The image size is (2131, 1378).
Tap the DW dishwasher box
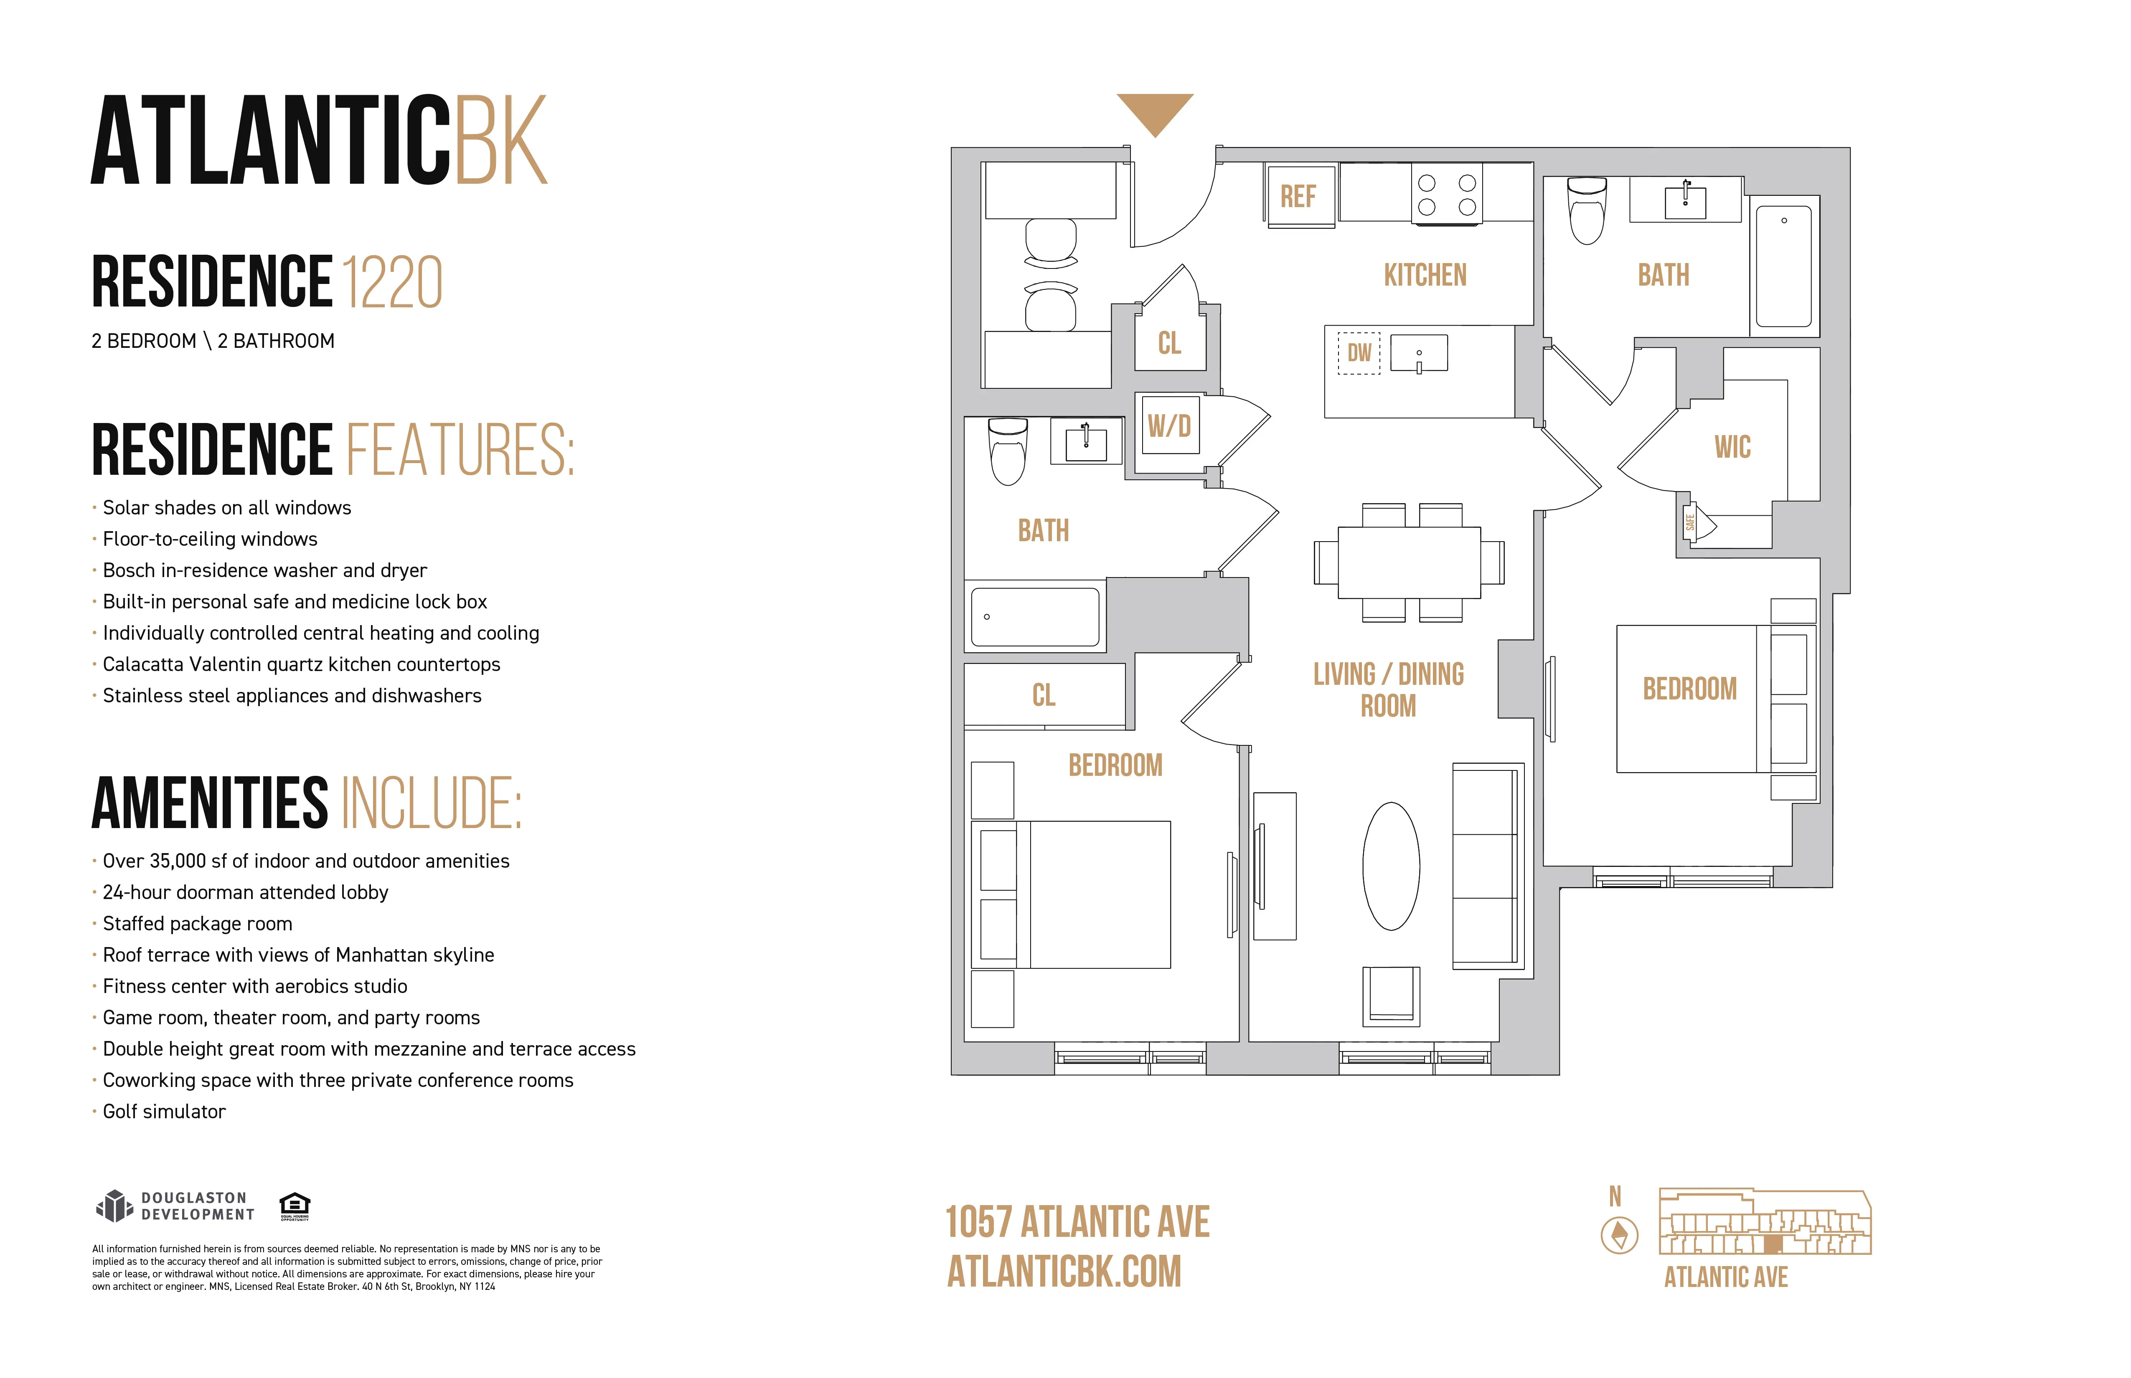pos(1359,352)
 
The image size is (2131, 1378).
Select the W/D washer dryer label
pos(1169,426)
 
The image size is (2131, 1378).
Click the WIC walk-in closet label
pos(1732,446)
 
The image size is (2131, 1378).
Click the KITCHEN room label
pos(1425,275)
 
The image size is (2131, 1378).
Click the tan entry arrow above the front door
pos(1155,112)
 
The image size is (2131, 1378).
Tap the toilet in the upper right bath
pos(1587,211)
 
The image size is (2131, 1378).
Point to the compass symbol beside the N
pos(1618,1236)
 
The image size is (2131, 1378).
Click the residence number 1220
pos(392,282)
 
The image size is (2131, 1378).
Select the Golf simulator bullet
pos(164,1111)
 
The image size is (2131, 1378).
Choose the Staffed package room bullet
pos(197,923)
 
